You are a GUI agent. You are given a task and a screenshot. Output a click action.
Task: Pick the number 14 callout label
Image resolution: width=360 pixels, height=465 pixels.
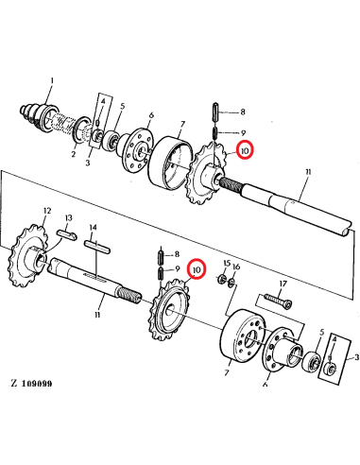pyautogui.click(x=93, y=228)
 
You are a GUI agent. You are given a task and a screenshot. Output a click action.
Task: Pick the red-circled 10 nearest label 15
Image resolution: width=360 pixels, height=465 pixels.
pyautogui.click(x=197, y=271)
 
